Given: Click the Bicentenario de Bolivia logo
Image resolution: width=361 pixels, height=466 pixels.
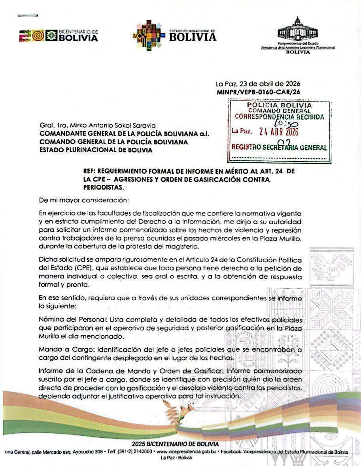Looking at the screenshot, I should [x=59, y=36].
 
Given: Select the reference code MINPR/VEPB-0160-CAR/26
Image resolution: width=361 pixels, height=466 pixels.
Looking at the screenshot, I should [x=259, y=91].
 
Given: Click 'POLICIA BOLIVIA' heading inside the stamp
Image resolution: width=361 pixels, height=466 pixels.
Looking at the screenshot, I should [x=279, y=105].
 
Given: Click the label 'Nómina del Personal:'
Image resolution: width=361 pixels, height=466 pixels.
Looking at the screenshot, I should [x=73, y=319].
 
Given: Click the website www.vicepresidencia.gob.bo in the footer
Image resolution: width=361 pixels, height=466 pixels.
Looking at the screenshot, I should [x=187, y=451].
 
